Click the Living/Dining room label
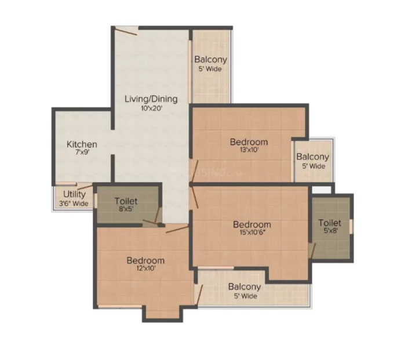tap(151, 99)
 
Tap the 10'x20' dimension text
tap(151, 108)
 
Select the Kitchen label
tap(82, 144)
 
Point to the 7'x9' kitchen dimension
tap(82, 152)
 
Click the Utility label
tap(74, 194)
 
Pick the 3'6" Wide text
tap(74, 203)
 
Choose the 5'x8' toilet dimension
tap(330, 231)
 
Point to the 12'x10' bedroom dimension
tap(145, 268)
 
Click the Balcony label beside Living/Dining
tap(210, 60)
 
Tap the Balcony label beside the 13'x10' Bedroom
tap(313, 157)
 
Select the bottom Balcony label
tap(245, 287)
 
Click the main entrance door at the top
tap(126, 32)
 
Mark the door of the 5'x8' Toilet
tap(312, 251)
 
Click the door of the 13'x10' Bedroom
tap(195, 171)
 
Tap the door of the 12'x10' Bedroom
tap(177, 230)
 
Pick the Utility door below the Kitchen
tap(85, 187)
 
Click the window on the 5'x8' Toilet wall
tap(351, 227)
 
